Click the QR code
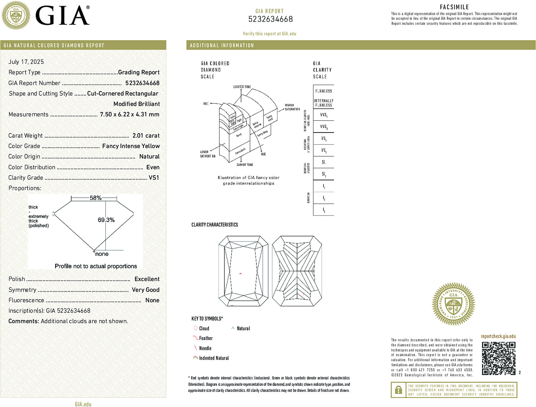click(499, 358)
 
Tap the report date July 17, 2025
click(26, 62)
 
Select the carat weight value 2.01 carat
click(146, 136)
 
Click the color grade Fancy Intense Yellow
click(131, 146)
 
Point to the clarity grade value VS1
click(154, 178)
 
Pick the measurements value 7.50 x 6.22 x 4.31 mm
click(130, 114)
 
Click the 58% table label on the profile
click(96, 198)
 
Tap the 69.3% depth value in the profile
click(106, 220)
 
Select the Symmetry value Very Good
click(145, 290)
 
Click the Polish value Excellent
click(147, 279)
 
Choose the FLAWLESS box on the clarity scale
click(324, 91)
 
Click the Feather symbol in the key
click(195, 338)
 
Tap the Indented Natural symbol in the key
click(195, 357)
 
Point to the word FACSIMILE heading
click(454, 7)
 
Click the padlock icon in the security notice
click(398, 390)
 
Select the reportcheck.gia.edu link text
click(498, 336)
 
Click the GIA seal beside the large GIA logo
click(16, 15)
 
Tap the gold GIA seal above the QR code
click(453, 304)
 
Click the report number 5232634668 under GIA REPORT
click(270, 19)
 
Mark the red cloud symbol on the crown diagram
click(240, 274)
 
